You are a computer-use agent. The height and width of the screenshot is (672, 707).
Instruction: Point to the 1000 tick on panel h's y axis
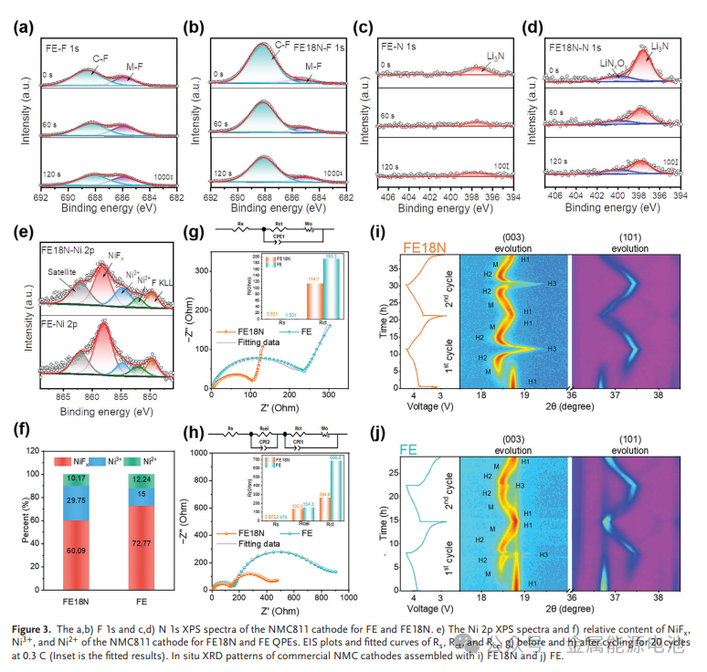[201, 454]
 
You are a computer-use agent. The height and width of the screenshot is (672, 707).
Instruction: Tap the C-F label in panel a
[103, 58]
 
